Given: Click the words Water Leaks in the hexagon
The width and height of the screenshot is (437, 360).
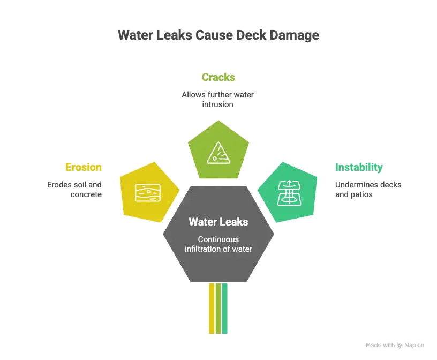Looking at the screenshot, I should tap(218, 222).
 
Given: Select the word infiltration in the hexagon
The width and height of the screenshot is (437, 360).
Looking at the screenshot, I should tap(204, 249).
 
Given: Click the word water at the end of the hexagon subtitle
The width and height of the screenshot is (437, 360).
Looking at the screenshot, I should tap(241, 249).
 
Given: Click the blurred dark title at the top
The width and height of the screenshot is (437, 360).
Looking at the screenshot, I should tap(218, 35).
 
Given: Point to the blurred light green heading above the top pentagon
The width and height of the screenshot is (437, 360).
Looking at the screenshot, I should tap(218, 77).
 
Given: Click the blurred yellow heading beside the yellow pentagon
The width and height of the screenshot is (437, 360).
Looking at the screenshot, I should tap(84, 167).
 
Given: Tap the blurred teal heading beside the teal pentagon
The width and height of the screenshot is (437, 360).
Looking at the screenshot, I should tap(359, 167).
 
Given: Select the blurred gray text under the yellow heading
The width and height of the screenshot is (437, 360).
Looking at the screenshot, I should tap(75, 190).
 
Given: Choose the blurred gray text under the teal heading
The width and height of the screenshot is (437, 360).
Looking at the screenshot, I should tap(368, 190).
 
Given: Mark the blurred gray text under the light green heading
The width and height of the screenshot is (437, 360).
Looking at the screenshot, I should tap(218, 100).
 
